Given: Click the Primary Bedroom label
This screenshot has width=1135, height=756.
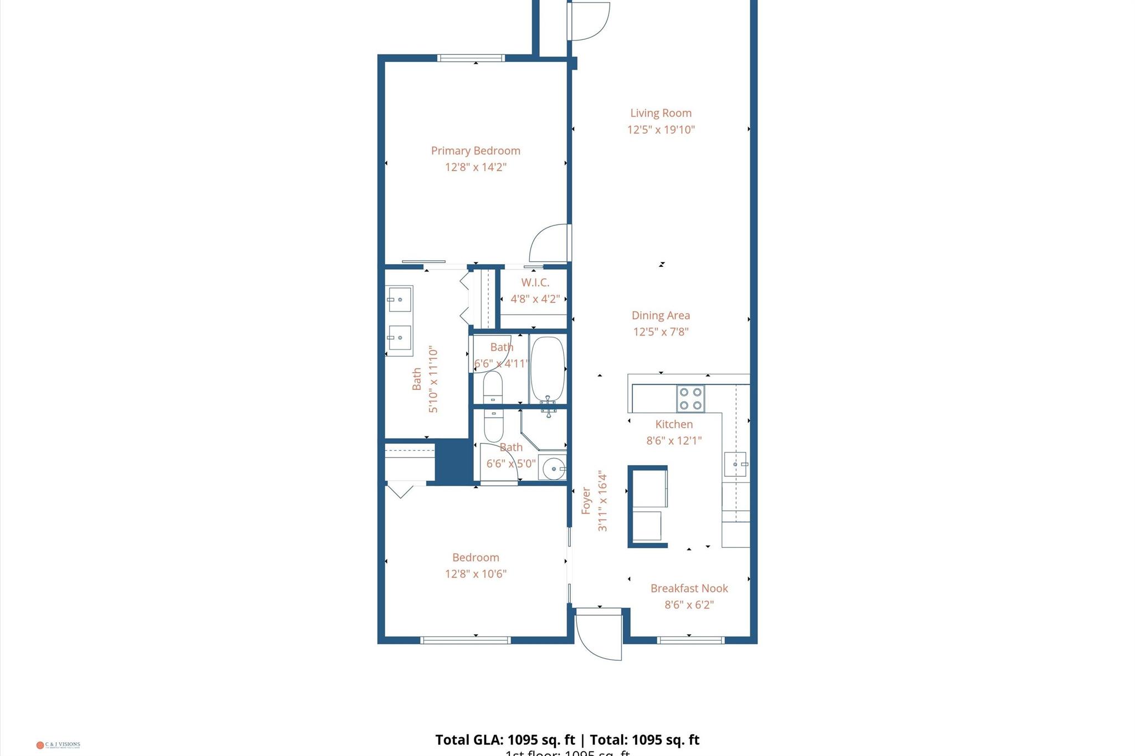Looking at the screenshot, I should click(476, 151).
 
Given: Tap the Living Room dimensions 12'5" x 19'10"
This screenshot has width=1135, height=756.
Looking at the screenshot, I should click(661, 130).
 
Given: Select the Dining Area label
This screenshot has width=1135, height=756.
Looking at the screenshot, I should click(661, 315).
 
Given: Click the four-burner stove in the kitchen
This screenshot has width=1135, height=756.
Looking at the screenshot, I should click(691, 399).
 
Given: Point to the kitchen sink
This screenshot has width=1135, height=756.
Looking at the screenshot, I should click(735, 464).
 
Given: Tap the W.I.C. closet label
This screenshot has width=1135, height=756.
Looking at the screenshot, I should click(535, 282).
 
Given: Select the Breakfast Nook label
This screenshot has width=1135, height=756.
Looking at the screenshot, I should click(689, 588).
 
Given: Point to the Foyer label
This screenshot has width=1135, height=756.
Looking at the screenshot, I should click(586, 501).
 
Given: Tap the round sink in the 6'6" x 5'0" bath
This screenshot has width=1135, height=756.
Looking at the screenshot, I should click(553, 469).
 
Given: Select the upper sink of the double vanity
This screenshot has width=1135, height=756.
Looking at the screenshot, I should click(399, 300).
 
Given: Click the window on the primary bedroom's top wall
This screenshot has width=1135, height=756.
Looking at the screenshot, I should click(471, 58).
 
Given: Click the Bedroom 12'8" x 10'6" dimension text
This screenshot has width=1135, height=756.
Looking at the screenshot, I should click(476, 574).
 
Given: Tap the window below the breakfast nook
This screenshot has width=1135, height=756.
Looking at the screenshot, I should click(691, 640).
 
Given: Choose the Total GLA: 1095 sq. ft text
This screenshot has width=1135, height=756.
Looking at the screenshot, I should click(505, 740).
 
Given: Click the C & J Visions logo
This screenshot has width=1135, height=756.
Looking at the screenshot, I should click(58, 745).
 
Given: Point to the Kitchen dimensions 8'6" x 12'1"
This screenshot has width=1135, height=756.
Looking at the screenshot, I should click(674, 441).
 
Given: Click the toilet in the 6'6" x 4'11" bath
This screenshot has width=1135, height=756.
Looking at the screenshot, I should click(493, 388).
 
